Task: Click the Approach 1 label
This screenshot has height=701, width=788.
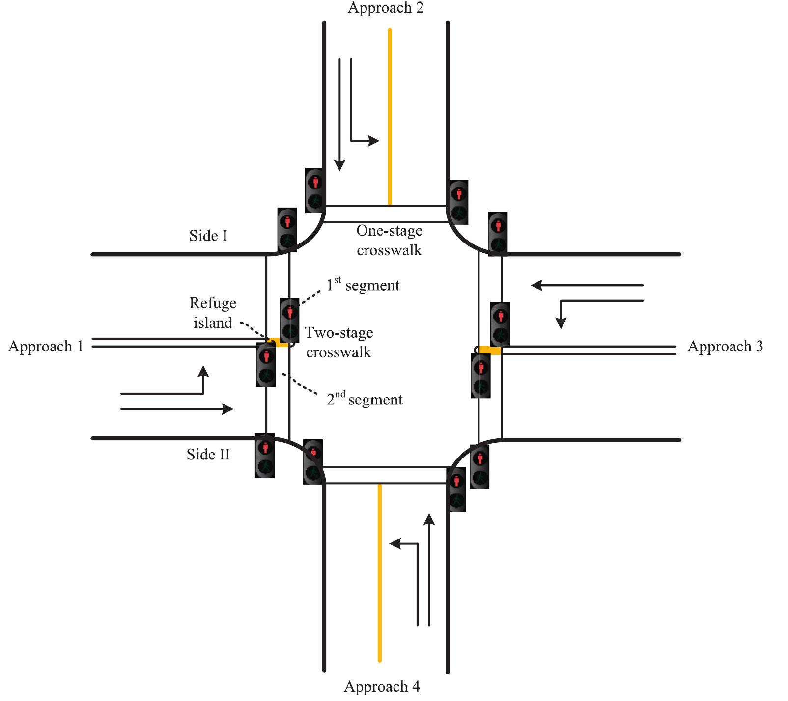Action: [46, 346]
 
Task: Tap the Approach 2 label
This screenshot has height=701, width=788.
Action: [386, 8]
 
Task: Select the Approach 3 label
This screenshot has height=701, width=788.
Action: [725, 346]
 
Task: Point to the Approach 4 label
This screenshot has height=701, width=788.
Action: [382, 686]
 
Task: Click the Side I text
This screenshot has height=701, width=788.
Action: [208, 236]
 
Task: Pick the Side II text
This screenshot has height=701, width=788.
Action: [208, 454]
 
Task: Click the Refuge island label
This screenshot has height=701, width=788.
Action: [213, 313]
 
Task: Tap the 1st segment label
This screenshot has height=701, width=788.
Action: [364, 285]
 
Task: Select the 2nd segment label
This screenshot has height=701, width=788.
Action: [365, 399]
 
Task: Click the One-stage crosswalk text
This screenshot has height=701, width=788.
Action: [389, 240]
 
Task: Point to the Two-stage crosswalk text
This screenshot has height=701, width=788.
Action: [339, 342]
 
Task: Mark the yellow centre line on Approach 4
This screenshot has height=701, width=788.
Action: [379, 572]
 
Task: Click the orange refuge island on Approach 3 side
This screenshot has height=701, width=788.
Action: [490, 350]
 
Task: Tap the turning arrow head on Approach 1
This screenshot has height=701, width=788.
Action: [203, 371]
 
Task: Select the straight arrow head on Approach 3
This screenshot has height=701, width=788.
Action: [537, 285]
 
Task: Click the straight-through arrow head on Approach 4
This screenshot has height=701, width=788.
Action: [429, 519]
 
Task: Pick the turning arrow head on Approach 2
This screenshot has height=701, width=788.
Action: [374, 141]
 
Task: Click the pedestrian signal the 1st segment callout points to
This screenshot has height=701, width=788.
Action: [290, 320]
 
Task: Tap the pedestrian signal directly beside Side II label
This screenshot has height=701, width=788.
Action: [265, 456]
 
